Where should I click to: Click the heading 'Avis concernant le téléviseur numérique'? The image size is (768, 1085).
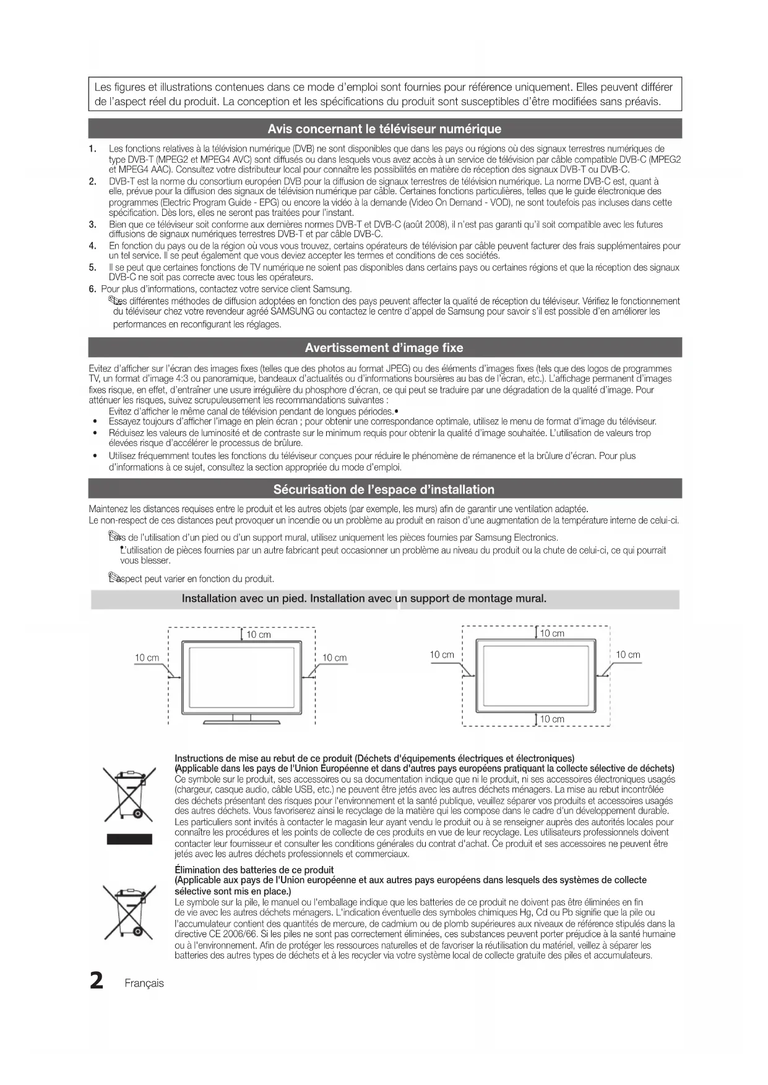[384, 129]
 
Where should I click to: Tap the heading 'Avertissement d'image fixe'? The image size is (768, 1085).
[384, 348]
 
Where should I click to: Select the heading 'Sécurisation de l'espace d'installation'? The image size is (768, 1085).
[384, 489]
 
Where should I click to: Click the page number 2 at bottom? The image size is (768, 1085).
[97, 982]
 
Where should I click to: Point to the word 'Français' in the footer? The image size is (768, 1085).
[144, 984]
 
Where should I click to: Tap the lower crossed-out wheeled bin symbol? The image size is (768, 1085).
[129, 912]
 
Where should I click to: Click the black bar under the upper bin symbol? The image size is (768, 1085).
[129, 839]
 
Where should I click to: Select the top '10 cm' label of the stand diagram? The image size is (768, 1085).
[259, 635]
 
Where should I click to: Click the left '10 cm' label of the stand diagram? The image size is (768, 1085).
[147, 658]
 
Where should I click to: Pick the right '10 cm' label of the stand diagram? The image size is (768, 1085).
[335, 658]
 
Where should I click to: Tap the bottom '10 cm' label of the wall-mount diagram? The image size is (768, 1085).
[552, 719]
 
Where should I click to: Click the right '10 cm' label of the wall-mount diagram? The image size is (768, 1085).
[628, 654]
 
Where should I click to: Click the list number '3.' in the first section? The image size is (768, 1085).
[93, 225]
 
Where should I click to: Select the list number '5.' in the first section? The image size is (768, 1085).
[93, 268]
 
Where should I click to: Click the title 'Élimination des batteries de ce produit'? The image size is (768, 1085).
[254, 870]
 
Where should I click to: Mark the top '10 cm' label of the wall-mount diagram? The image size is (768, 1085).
[552, 633]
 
